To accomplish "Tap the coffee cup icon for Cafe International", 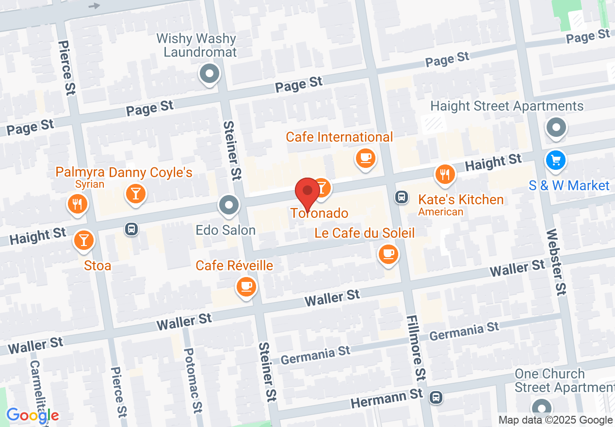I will pos(365,158).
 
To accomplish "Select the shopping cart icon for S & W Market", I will pos(556,160).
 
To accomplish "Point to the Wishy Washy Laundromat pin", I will pos(210,74).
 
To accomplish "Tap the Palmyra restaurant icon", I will pos(77,204).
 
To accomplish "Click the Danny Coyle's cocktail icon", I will pos(135,193).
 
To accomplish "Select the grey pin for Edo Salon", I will pos(229,205).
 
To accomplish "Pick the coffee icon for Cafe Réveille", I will pos(246,286).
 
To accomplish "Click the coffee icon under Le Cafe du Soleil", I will pos(388,253).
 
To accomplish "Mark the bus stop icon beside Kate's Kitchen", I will pos(401,197).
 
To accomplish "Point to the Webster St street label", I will pos(555,262).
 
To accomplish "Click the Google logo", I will pos(32,415).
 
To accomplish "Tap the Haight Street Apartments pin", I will pos(556,128).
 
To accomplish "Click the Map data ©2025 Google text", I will pos(555,420).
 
